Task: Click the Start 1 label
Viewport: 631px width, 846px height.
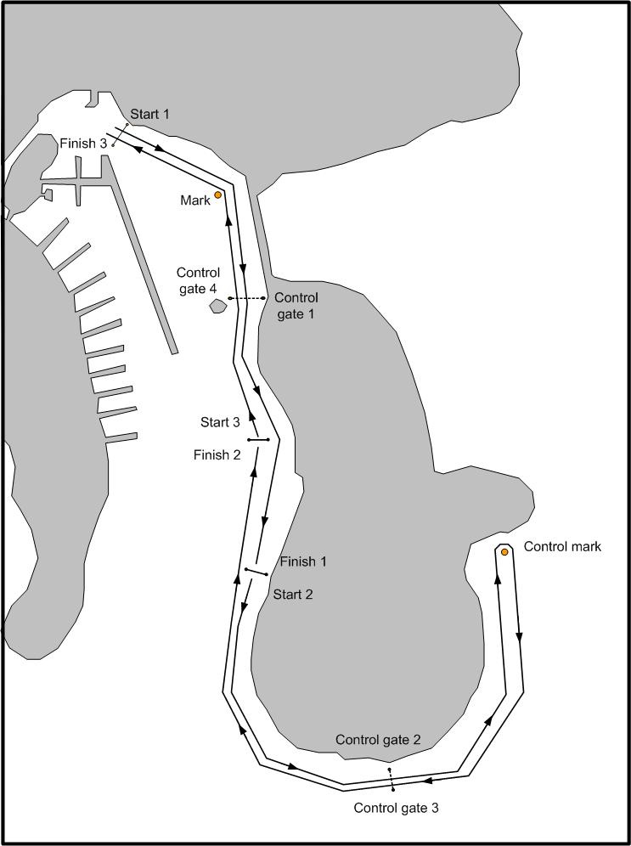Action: [149, 115]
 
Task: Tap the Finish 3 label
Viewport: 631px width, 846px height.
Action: [83, 144]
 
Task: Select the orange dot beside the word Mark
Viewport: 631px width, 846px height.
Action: [218, 195]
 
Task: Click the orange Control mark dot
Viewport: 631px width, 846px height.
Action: [504, 552]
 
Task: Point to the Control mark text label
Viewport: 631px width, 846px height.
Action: [562, 546]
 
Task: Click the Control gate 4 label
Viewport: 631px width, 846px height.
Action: [199, 280]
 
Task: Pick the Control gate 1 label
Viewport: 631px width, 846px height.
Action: [296, 306]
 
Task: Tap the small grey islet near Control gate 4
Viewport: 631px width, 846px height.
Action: [218, 307]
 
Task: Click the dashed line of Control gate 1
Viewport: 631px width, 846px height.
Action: [246, 298]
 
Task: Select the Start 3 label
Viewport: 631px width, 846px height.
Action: [220, 422]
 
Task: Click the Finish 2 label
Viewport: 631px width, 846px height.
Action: [217, 455]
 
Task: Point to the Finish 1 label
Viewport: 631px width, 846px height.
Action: [303, 561]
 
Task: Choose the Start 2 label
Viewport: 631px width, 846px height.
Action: [293, 595]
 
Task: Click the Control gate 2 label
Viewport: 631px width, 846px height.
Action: [378, 740]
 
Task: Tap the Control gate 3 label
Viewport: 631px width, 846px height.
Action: [397, 808]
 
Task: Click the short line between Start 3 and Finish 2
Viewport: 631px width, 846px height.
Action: [258, 440]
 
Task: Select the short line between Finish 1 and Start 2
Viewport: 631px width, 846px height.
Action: [256, 572]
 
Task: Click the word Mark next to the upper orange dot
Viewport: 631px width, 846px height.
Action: [194, 200]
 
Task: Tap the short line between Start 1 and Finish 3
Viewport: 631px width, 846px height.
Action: [120, 134]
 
